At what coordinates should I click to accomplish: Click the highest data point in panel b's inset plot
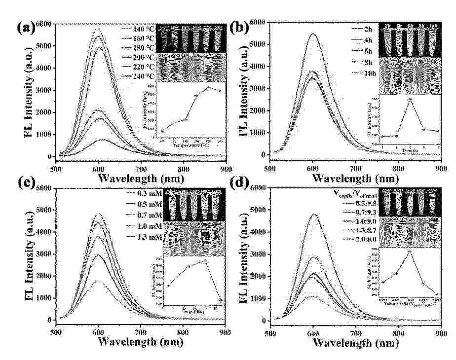(410, 99)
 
